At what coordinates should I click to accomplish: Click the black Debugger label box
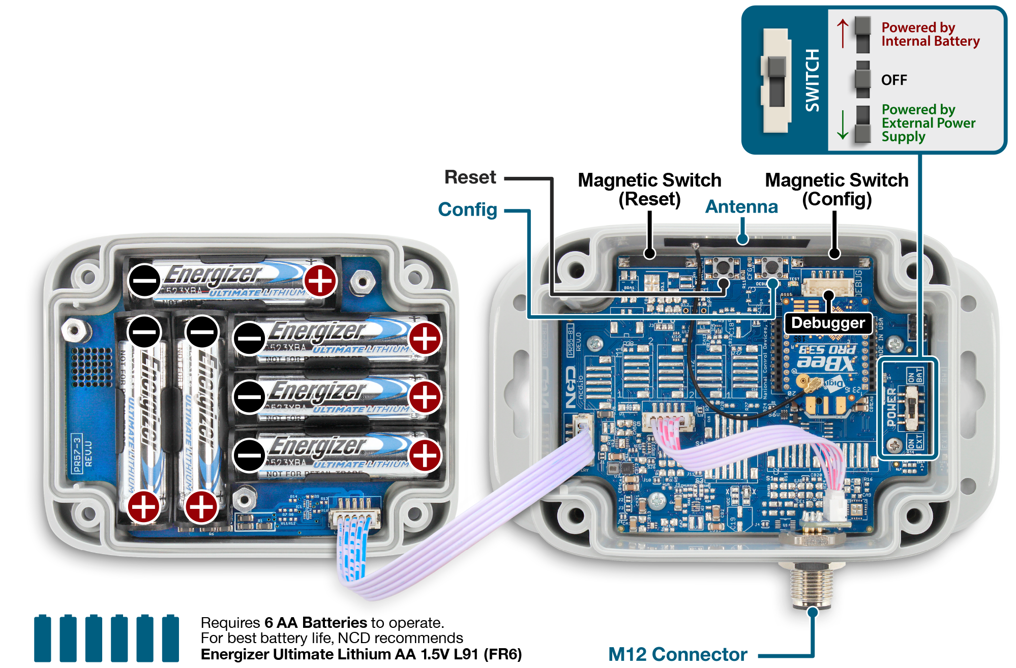click(828, 323)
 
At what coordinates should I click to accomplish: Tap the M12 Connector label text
click(677, 654)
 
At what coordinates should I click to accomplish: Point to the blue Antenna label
click(741, 207)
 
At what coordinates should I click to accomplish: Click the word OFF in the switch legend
click(894, 80)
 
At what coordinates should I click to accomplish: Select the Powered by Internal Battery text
click(930, 35)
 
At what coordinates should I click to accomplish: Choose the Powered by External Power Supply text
click(928, 123)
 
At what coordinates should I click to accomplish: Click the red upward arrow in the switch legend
click(843, 34)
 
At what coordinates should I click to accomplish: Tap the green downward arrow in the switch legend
click(843, 124)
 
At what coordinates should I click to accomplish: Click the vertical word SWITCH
click(812, 80)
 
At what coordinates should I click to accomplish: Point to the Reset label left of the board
click(470, 177)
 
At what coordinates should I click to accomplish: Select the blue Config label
click(467, 209)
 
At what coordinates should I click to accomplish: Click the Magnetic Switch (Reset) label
click(649, 189)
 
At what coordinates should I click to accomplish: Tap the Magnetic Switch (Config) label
click(836, 189)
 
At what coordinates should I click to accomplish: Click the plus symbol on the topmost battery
click(320, 281)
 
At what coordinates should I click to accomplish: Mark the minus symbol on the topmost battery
click(144, 281)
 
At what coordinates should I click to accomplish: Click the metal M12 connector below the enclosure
click(812, 585)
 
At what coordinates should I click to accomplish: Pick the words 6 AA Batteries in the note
click(315, 623)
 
